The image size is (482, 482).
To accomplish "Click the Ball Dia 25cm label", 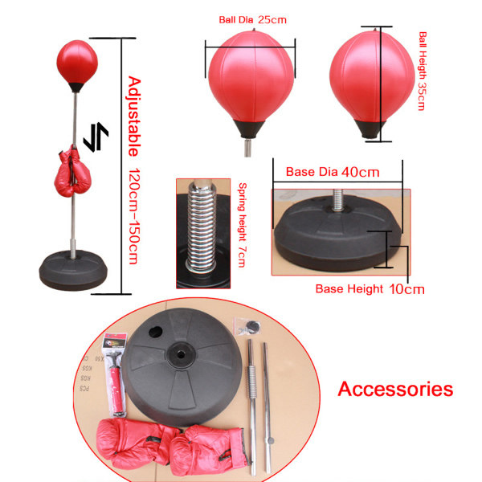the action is click(x=252, y=20).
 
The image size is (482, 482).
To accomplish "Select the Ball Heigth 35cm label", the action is click(x=423, y=71).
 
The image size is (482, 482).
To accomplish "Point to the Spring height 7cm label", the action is click(x=243, y=225).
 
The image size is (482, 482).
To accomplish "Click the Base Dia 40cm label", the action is click(x=333, y=172).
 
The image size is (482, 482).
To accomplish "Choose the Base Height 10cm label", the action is click(x=370, y=289).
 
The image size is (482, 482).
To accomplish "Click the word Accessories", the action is click(x=395, y=389).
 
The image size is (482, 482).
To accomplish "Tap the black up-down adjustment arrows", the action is click(x=96, y=137).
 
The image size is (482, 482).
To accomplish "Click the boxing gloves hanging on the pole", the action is click(x=72, y=172).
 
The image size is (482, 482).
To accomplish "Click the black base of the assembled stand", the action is click(x=73, y=270).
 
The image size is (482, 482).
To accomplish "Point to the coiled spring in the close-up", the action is click(x=202, y=227).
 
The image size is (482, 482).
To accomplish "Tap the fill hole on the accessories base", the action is click(x=156, y=332).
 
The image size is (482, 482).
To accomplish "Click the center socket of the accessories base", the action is click(x=181, y=355).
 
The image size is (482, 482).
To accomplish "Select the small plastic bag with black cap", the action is click(x=247, y=326).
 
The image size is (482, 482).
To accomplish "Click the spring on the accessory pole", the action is click(x=251, y=382).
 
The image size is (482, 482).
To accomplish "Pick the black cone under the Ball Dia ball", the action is click(x=249, y=129).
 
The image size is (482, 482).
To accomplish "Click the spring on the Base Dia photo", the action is click(x=337, y=200).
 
